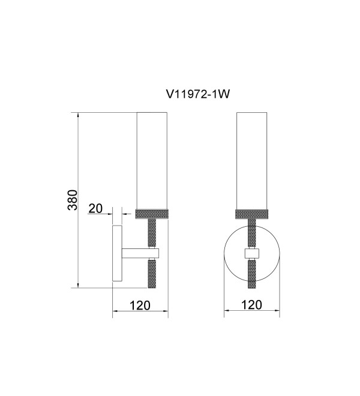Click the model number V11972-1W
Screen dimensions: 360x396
(198, 95)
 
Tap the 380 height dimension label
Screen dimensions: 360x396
(73, 200)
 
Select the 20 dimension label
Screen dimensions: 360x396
(95, 208)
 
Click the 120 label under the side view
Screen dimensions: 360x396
(140, 305)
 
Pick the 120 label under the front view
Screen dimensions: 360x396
(251, 305)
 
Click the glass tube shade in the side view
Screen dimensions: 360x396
(152, 161)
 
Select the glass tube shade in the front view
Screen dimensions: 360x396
(251, 161)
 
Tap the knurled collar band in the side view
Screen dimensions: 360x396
(152, 214)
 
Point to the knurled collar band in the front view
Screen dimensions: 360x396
(251, 214)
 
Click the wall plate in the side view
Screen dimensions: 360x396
(117, 253)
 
